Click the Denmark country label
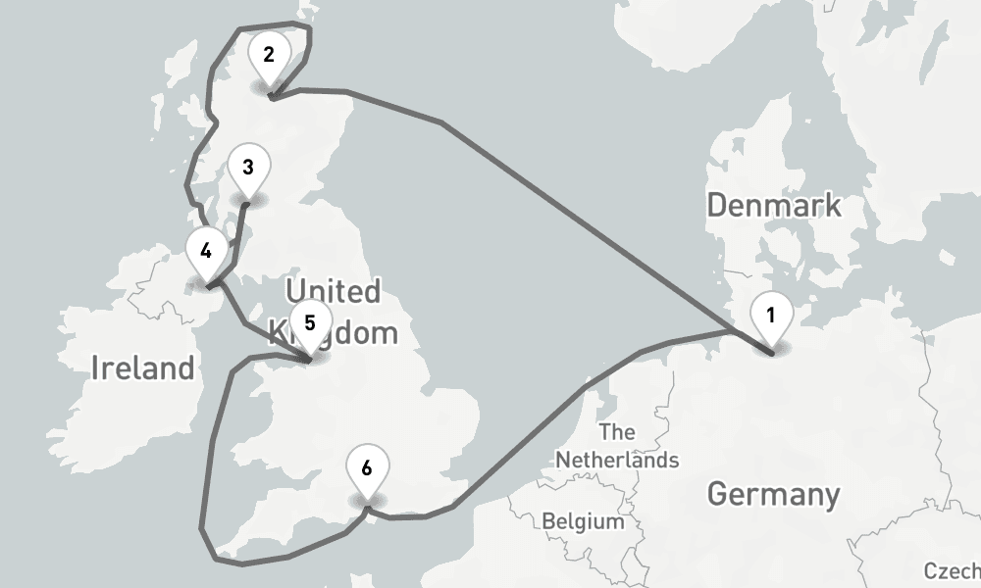[774, 206]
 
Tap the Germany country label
[773, 494]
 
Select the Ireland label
[142, 368]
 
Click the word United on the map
[333, 291]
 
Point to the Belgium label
[583, 521]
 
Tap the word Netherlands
[616, 459]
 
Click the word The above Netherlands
[616, 432]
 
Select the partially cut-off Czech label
[952, 571]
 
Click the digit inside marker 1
[771, 315]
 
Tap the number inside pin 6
[367, 467]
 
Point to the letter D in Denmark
[716, 206]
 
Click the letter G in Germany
[718, 494]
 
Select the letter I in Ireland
[95, 368]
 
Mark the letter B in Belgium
[548, 521]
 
